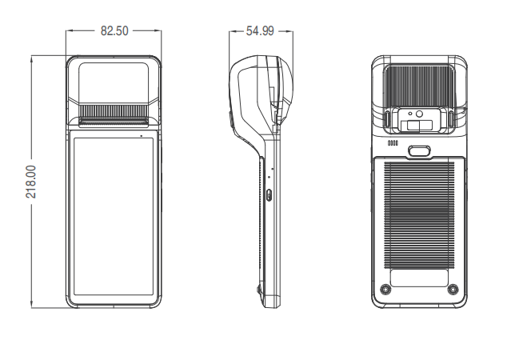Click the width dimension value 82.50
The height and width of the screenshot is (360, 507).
point(114,31)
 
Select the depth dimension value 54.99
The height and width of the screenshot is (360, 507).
point(260,31)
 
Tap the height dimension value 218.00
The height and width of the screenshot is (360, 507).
point(31,182)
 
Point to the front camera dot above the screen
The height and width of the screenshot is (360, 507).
point(142,135)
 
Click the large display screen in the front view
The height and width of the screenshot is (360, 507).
point(114,216)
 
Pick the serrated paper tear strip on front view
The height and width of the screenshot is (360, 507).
point(114,111)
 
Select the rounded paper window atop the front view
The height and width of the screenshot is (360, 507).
point(114,83)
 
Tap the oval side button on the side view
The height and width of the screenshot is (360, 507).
point(269,194)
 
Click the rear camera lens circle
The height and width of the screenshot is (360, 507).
point(419,114)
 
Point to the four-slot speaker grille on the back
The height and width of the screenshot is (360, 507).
point(393,143)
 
